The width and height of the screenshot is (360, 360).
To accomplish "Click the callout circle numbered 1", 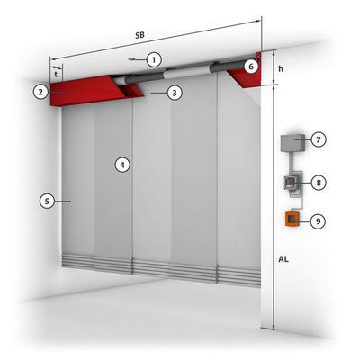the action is click(154, 60).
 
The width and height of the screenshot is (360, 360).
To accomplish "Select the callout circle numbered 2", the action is click(40, 92).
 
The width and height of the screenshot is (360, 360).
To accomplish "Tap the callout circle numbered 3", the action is click(175, 93).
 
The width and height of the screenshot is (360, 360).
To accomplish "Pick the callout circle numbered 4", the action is click(122, 165).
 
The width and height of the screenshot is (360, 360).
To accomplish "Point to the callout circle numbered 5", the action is click(47, 201).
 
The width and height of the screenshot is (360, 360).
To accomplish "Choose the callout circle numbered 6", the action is click(251, 67).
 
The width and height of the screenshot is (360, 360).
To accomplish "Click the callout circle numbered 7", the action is click(319, 139).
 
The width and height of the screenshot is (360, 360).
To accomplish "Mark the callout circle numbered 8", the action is click(319, 183).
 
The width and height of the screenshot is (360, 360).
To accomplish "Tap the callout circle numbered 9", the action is click(318, 221).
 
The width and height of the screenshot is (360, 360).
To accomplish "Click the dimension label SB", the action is click(139, 35).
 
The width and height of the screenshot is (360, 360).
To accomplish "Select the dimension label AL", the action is click(283, 259).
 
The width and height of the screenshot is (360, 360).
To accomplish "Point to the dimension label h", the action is click(281, 69).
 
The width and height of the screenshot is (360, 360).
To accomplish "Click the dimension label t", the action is click(56, 75).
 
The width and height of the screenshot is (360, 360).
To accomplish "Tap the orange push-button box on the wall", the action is click(292, 219).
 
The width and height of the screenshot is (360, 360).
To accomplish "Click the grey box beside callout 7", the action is click(292, 143).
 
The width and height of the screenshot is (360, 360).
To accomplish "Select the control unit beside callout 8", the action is click(291, 183).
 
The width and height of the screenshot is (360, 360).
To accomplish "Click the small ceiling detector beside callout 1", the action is click(132, 59).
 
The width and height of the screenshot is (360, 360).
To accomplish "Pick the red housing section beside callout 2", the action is click(87, 91).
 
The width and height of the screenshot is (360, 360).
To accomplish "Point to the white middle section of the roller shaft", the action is click(187, 73).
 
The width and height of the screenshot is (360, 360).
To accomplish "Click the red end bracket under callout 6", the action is click(247, 75).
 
